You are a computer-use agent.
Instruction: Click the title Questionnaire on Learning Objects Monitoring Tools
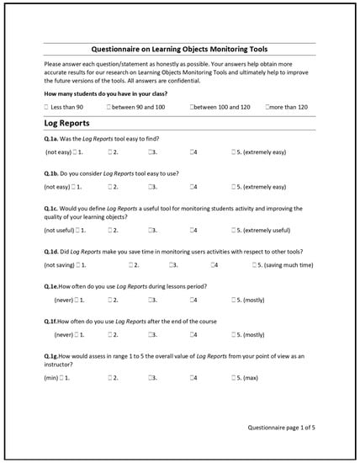(x=179, y=48)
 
